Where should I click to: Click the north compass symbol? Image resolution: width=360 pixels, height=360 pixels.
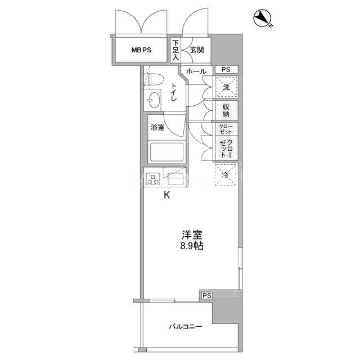(263, 18)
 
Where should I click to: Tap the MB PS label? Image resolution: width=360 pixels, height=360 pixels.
(141, 50)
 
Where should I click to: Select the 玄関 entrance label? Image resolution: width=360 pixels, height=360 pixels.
(197, 49)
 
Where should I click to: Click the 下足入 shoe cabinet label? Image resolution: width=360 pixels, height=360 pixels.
(175, 50)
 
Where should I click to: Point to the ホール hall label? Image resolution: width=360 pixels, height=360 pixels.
(196, 71)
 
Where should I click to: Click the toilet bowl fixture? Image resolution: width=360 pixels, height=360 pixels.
(154, 79)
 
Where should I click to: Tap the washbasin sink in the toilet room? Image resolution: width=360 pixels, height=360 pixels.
(154, 100)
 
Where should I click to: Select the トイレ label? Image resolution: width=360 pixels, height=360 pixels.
(174, 92)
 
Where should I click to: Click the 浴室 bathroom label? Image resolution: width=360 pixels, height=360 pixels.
(157, 127)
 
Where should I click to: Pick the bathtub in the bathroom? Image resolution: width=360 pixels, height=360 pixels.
(167, 152)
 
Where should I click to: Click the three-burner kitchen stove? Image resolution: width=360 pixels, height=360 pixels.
(154, 179)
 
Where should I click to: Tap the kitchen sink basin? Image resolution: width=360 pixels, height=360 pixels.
(176, 179)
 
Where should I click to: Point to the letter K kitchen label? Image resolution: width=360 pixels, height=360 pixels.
(166, 195)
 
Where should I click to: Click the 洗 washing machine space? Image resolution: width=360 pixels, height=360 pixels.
(226, 87)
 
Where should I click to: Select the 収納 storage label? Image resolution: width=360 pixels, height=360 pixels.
(226, 110)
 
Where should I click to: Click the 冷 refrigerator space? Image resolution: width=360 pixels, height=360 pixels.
(226, 174)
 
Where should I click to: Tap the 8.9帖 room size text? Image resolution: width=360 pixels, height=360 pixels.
(192, 246)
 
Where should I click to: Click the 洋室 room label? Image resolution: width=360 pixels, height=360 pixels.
(192, 235)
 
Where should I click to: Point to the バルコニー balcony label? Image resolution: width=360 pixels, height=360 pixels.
(186, 326)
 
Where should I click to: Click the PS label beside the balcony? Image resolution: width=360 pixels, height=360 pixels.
(206, 295)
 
